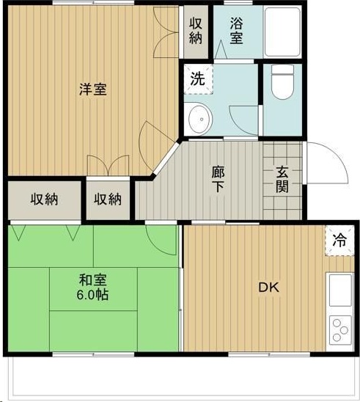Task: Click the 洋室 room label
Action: pos(93,89)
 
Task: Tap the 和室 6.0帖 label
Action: pos(92,288)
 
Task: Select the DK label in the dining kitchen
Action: pos(268,288)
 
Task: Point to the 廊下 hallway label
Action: pos(218,179)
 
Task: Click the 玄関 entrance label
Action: pos(282,179)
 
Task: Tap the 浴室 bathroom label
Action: pos(236,31)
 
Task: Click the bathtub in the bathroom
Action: pos(282,32)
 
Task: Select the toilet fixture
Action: pos(282,82)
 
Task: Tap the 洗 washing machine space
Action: pos(198,79)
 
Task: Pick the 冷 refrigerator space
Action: pos(339,241)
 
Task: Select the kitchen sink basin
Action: pos(340,290)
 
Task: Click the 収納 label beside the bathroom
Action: pos(196,31)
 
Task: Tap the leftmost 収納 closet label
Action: pos(44,200)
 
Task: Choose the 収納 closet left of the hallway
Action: pos(108,200)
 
